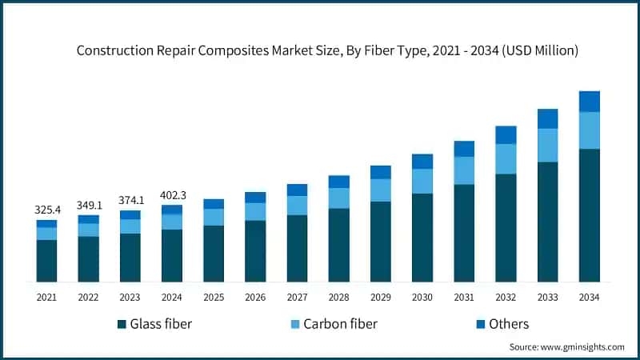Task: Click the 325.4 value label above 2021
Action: point(46,210)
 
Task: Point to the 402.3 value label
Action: point(172,194)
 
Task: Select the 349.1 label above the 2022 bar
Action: point(89,205)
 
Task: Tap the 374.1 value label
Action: point(130,200)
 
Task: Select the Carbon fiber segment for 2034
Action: point(590,130)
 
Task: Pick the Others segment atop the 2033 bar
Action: point(548,118)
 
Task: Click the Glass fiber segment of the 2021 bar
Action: point(46,260)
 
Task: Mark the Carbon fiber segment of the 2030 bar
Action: point(422,181)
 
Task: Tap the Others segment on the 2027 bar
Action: point(297,190)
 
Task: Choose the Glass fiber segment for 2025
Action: point(214,253)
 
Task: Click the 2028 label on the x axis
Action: point(338,297)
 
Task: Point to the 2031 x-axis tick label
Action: point(464,297)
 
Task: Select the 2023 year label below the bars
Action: point(130,297)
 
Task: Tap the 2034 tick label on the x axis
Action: point(590,297)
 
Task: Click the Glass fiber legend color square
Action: point(122,324)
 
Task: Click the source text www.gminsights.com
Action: point(583,347)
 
